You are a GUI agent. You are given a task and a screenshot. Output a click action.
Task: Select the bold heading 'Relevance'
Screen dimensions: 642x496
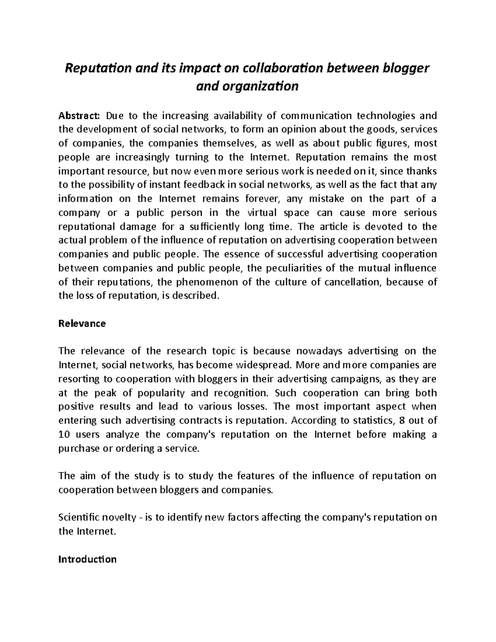pyautogui.click(x=82, y=324)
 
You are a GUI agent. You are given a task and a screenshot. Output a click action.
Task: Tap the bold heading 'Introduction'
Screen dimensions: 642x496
pyautogui.click(x=87, y=560)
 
